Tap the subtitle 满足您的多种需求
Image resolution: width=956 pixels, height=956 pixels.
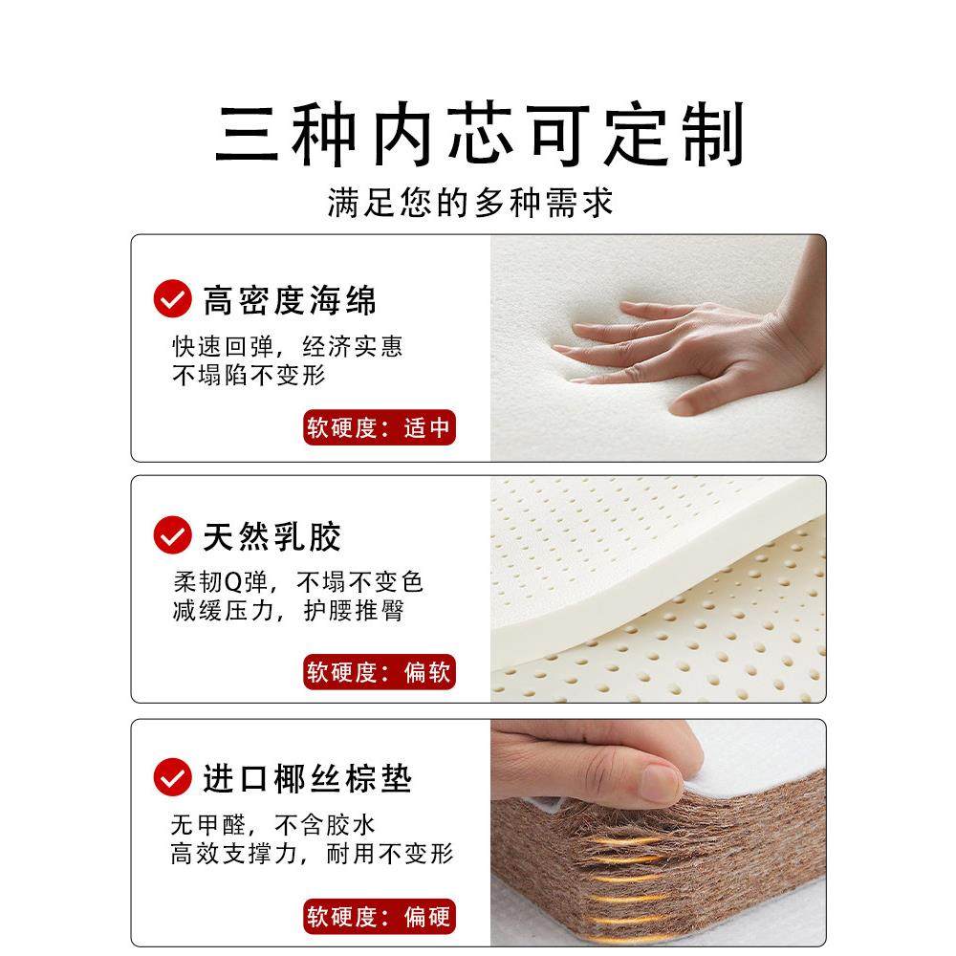[470, 203]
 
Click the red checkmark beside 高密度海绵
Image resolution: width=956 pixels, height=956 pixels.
[173, 298]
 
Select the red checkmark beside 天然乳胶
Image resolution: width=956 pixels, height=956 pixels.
[173, 533]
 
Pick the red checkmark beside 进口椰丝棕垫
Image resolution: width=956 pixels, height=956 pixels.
[173, 776]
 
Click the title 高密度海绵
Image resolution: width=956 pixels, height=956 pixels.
[290, 300]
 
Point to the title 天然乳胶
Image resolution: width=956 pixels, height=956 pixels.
[272, 536]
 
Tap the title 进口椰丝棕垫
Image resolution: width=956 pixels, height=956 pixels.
[307, 778]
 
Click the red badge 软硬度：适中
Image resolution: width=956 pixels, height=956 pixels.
[379, 427]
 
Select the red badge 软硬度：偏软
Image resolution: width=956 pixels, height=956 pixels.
[379, 672]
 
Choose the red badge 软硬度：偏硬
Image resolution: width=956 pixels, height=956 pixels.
[379, 918]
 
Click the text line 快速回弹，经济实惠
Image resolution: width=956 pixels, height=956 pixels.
[287, 346]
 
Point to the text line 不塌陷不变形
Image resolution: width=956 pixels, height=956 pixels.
[249, 375]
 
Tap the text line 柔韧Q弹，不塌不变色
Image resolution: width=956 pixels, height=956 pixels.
[297, 581]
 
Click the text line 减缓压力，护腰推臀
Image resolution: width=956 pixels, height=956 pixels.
[288, 611]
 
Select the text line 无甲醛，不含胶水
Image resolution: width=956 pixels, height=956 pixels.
[272, 824]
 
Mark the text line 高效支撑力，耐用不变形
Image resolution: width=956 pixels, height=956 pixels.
[312, 853]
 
